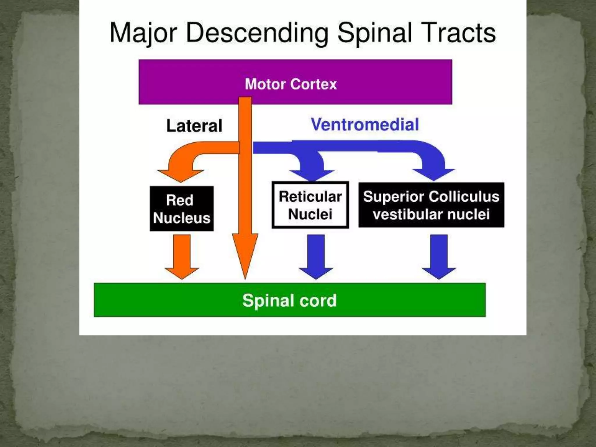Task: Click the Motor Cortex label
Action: tap(291, 84)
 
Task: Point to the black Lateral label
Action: tap(194, 126)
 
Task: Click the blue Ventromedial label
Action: tap(365, 125)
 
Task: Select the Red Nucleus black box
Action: tap(182, 209)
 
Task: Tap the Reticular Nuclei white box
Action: tap(310, 205)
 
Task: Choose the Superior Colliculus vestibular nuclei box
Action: tap(431, 205)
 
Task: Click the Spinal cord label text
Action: tap(290, 300)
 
